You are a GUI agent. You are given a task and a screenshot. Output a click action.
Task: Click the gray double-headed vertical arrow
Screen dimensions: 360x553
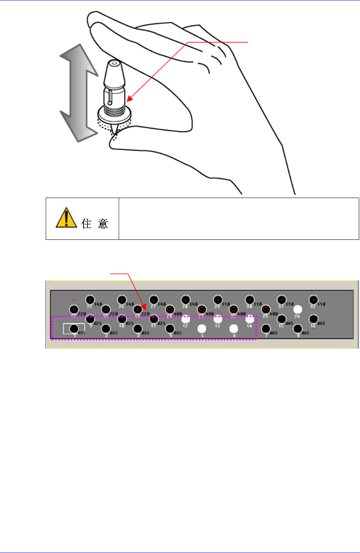coord(78,93)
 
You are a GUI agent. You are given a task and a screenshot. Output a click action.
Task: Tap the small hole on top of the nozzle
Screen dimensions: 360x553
coord(114,63)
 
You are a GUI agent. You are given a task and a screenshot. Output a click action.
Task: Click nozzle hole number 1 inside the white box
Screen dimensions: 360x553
coord(73,329)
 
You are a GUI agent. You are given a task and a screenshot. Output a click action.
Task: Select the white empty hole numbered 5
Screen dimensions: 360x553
coord(202,328)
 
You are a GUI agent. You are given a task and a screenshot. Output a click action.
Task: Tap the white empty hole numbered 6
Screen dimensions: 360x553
coord(234,328)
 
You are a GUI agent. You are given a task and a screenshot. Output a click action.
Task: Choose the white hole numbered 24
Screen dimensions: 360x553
coord(298,309)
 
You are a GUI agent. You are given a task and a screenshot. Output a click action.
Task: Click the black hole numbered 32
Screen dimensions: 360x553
coord(313,300)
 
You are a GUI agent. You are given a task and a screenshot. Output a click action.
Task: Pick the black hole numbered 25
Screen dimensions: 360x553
coord(90,300)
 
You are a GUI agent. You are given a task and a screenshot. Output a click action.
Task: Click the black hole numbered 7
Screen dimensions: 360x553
coord(266,328)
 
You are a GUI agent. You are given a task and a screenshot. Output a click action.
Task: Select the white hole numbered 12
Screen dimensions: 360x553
coord(186,319)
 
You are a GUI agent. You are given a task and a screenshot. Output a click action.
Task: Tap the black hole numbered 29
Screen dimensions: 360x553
coord(217,300)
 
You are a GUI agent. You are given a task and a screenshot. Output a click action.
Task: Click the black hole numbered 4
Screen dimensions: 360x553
coord(170,328)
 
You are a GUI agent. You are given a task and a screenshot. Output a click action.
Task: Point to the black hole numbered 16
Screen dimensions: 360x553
coord(313,319)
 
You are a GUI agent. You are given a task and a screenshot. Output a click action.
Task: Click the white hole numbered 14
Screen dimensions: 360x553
coord(249,319)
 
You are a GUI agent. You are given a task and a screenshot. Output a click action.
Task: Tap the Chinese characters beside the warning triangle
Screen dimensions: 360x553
coord(95,224)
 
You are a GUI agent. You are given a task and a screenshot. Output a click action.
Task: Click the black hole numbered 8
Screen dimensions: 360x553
coord(298,328)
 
